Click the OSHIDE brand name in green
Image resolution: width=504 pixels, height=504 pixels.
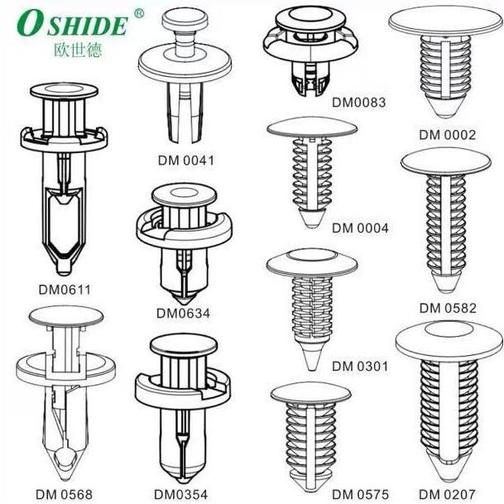tap(73, 25)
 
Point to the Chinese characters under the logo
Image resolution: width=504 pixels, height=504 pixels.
tap(78, 50)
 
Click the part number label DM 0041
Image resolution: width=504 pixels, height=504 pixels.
tap(185, 161)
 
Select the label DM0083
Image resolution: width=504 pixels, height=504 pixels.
tap(358, 103)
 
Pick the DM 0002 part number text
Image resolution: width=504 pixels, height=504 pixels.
tap(447, 135)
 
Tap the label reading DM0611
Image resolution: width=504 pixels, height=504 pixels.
tap(65, 290)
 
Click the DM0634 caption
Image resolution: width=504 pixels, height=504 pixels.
tap(183, 313)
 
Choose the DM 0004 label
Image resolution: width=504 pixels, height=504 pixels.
tap(360, 228)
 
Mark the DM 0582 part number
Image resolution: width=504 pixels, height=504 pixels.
tap(448, 308)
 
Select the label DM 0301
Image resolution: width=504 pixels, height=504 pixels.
tap(360, 366)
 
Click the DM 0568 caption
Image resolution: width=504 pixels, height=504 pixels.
tap(64, 494)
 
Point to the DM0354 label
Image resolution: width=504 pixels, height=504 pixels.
tap(181, 494)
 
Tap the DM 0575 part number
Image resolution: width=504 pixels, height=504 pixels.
tap(360, 494)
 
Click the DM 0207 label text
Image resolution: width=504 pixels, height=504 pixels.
tap(447, 494)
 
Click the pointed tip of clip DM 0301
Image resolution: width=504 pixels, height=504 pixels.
tap(311, 369)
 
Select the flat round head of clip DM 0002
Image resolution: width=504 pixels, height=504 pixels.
tap(445, 21)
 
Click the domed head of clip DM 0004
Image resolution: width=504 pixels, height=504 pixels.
tap(312, 127)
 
